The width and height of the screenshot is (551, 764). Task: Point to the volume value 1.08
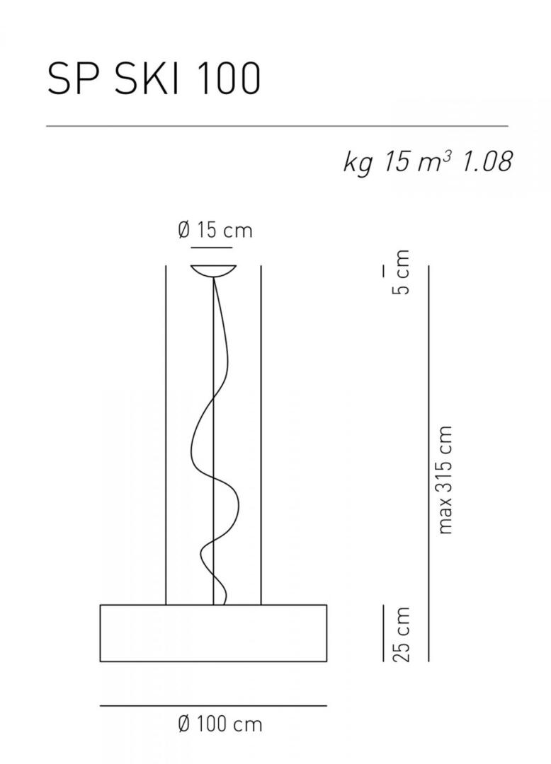pyautogui.click(x=486, y=162)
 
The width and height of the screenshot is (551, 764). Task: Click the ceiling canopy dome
pyautogui.click(x=214, y=271)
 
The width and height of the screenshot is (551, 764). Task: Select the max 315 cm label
pyautogui.click(x=445, y=480)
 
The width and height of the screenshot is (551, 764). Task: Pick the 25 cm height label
pyautogui.click(x=402, y=634)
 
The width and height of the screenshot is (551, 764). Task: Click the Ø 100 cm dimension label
pyautogui.click(x=220, y=724)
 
